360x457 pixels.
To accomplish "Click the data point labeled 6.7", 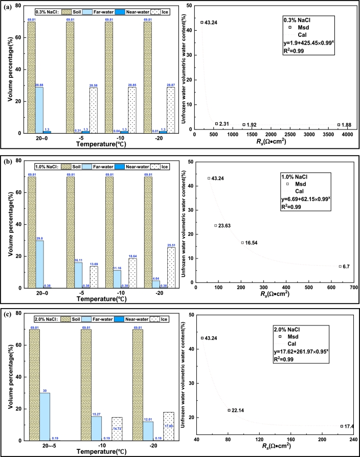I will click(x=340, y=266).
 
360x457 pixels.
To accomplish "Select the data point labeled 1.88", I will click(x=339, y=124).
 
